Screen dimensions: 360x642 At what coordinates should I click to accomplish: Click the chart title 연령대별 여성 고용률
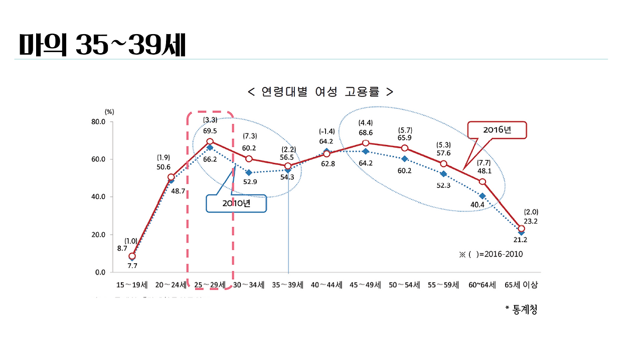[x=320, y=92]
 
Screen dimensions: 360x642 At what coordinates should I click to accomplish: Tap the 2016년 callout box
[x=497, y=130]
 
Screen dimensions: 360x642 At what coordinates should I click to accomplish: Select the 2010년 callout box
[x=236, y=203]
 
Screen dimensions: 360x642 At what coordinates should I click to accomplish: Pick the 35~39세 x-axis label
[x=288, y=285]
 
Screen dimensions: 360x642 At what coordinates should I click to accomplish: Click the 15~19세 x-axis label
[x=132, y=285]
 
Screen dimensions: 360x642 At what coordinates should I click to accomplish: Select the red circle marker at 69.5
[x=210, y=142]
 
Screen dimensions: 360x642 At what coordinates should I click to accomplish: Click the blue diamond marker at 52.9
[x=249, y=172]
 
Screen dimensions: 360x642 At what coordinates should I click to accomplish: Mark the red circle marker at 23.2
[x=521, y=229]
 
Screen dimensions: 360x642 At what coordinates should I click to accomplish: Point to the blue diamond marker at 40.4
[x=482, y=196]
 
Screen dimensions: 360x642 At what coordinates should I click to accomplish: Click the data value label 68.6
[x=365, y=132]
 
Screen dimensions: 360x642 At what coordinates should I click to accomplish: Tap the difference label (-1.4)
[x=327, y=131]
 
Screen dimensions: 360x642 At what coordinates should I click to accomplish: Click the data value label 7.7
[x=132, y=266]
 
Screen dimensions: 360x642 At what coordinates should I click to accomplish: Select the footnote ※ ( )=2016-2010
[x=491, y=254]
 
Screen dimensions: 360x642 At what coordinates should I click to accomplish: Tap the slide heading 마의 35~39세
[x=102, y=46]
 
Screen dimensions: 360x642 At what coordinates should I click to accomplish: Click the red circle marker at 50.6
[x=171, y=177]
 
